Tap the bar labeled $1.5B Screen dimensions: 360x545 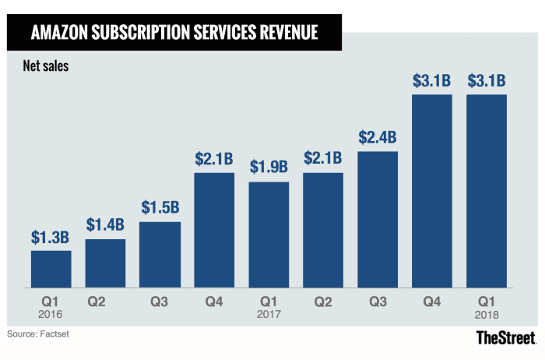tap(160, 256)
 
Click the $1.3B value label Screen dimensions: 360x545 tap(51, 236)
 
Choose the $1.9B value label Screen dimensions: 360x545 tap(269, 167)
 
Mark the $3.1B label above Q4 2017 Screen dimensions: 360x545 tap(432, 80)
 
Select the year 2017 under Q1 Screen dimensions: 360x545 tap(269, 314)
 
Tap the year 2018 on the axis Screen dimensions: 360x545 tap(487, 314)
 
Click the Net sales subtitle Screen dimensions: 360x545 tap(46, 66)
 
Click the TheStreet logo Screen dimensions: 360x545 tap(506, 337)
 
